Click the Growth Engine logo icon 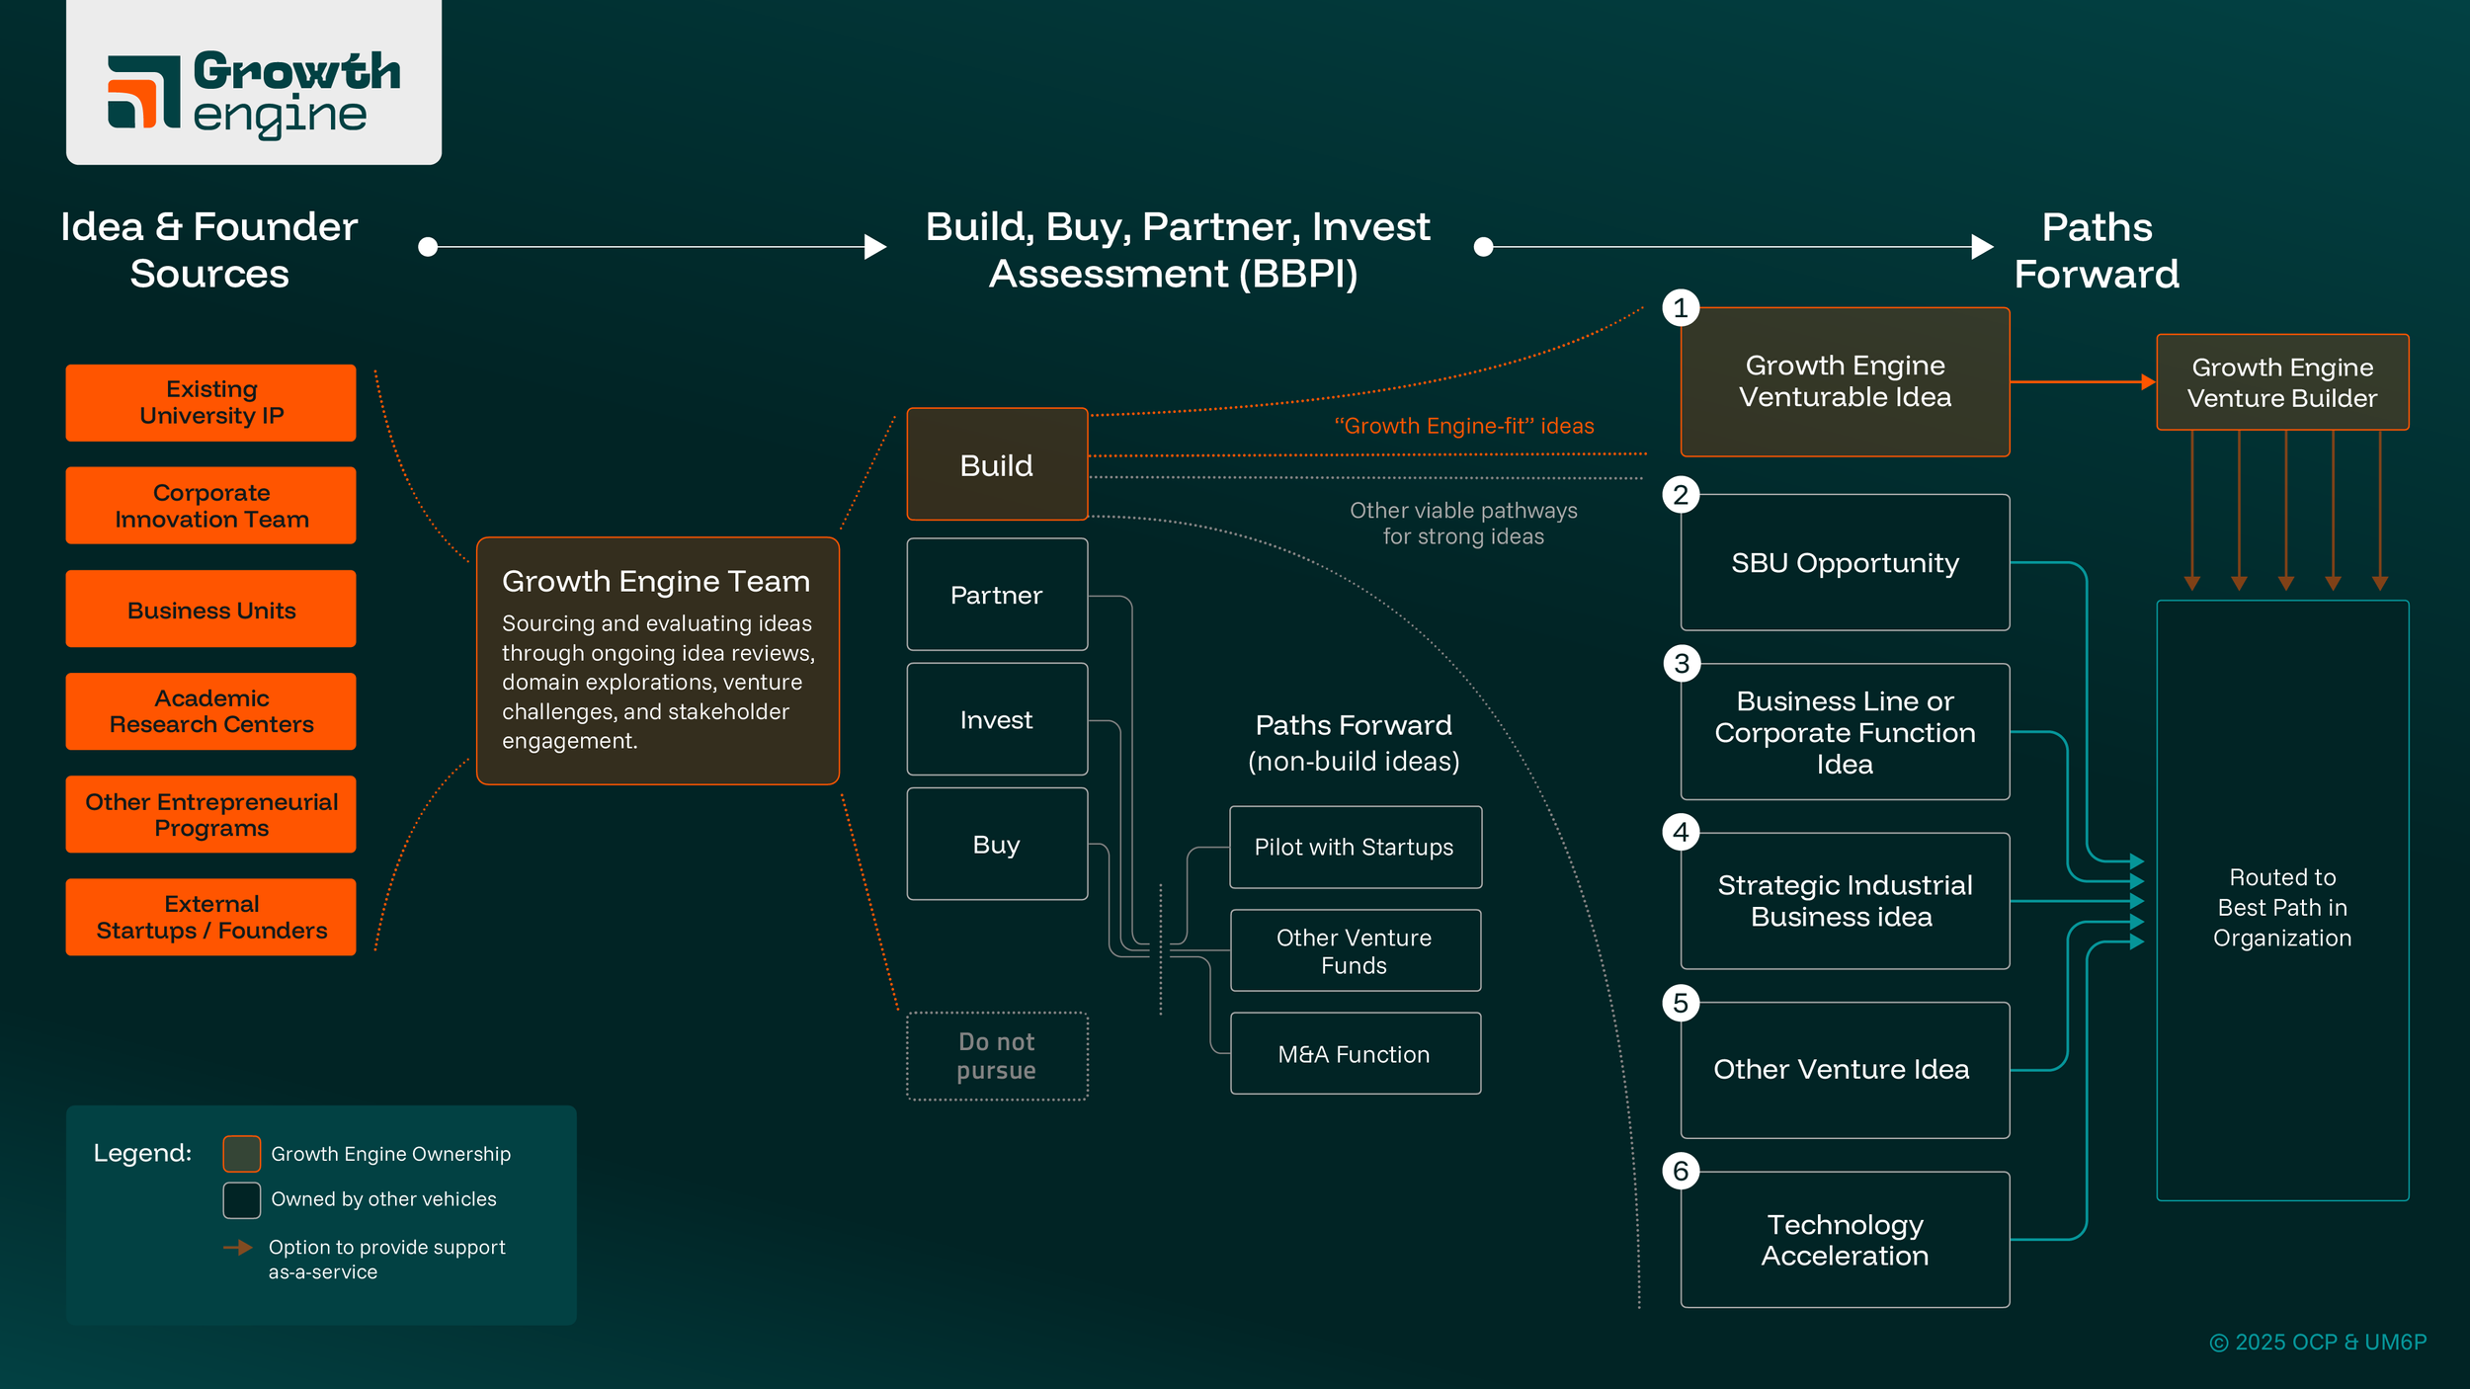(144, 92)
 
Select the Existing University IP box (210, 402)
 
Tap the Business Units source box (210, 610)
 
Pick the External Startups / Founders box (210, 917)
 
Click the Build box (997, 464)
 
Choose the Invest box (997, 719)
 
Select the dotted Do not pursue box (997, 1056)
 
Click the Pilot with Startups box (1355, 847)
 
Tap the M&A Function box (1355, 1054)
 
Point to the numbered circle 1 (1681, 308)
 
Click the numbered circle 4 (1681, 832)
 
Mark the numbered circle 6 (1681, 1172)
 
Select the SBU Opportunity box (1845, 562)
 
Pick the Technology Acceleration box (1845, 1240)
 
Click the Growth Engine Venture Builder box (2282, 382)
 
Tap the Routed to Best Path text (2282, 907)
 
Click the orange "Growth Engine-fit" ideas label (1464, 426)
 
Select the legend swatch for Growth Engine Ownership (242, 1154)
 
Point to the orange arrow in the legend (238, 1248)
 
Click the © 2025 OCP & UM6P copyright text (2318, 1342)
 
